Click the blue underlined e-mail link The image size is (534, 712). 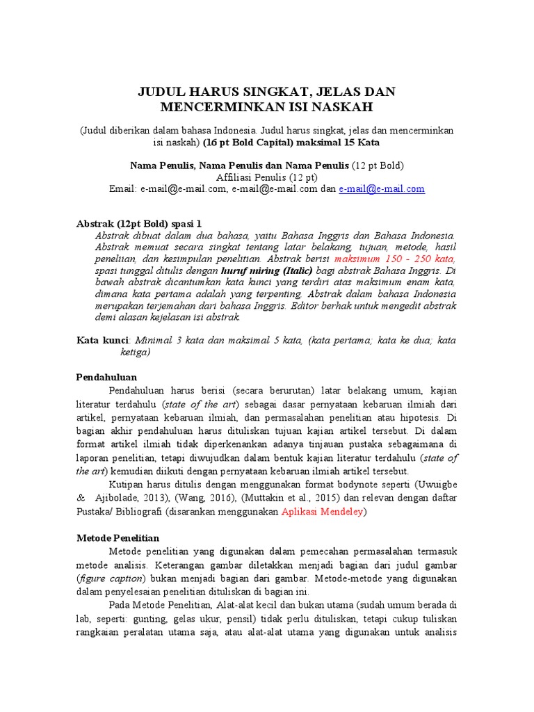click(382, 189)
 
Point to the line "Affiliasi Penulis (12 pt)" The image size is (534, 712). click(267, 177)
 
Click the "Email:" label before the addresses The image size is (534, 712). click(124, 189)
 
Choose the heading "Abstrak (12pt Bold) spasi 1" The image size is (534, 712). click(138, 224)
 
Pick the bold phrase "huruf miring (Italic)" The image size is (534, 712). click(266, 270)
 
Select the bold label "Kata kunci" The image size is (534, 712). click(102, 341)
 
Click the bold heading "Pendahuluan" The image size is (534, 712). click(107, 377)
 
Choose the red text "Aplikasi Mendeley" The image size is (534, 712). click(323, 512)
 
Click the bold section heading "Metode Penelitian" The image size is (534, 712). click(118, 538)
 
